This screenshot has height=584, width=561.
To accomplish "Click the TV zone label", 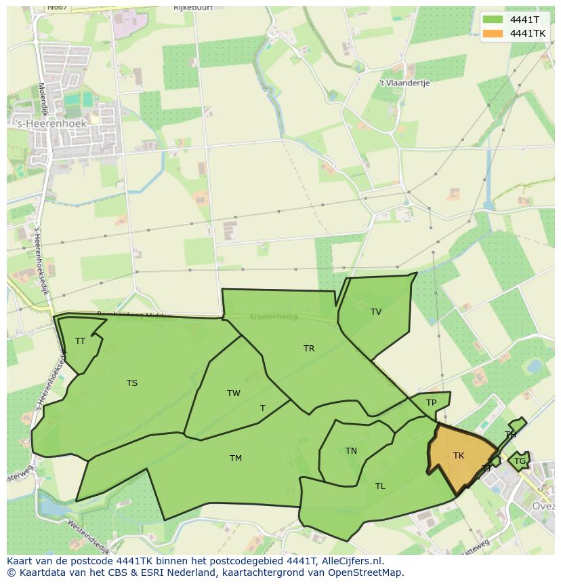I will (376, 312).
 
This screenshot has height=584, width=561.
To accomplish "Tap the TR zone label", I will (309, 349).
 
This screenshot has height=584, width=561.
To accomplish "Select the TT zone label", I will (80, 341).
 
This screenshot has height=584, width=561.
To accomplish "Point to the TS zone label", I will (132, 383).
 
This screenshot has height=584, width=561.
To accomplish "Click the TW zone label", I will (234, 393).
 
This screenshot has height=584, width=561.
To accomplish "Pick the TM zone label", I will (236, 459).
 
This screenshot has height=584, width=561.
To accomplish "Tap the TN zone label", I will (351, 451).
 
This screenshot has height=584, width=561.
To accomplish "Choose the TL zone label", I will (380, 486).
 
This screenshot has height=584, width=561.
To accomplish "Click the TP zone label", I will (432, 403).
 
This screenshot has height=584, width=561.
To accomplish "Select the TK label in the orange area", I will (459, 456).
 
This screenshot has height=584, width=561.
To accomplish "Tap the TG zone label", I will (520, 461).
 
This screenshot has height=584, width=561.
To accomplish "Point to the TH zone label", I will (510, 435).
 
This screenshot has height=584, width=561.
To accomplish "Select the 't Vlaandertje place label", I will (404, 83).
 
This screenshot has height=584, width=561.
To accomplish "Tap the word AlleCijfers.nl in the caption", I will (350, 561).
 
